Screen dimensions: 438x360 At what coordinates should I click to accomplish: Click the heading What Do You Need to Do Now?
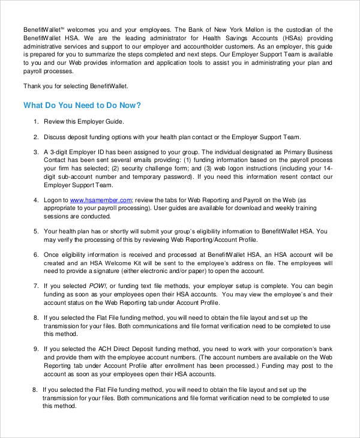point(82,106)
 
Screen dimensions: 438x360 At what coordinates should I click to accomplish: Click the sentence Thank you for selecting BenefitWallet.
point(76,86)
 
